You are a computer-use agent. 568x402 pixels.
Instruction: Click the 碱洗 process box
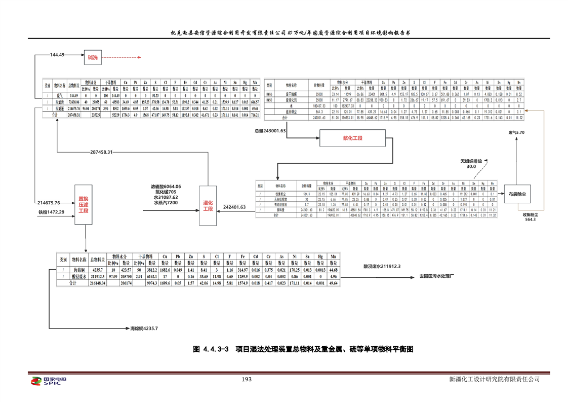(x=93, y=57)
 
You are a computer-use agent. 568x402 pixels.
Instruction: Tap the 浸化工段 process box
(x=208, y=206)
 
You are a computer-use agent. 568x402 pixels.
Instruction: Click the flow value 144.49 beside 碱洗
(x=57, y=54)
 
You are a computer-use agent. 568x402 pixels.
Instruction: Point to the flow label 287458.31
(x=108, y=152)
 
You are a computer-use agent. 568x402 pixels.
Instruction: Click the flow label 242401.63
(x=234, y=207)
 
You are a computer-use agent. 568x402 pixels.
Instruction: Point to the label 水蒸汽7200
(x=165, y=203)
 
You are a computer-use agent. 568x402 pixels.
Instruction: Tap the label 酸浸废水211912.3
(x=382, y=266)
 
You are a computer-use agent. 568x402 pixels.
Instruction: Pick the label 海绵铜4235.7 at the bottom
(x=144, y=329)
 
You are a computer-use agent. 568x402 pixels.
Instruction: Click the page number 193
(x=246, y=379)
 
